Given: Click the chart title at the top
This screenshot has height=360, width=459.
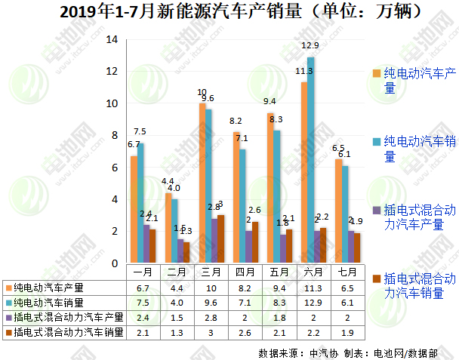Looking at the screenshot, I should coord(229,12).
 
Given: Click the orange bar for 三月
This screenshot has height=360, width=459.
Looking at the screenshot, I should coord(202,183).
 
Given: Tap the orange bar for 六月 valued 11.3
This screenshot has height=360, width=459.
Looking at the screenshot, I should coord(303,173).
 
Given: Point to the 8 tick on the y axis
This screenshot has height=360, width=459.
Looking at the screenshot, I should coord(114,136).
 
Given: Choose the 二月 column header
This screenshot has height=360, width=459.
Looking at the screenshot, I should coord(177,272).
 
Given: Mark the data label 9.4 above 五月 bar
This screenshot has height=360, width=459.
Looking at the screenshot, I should coord(269,101).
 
